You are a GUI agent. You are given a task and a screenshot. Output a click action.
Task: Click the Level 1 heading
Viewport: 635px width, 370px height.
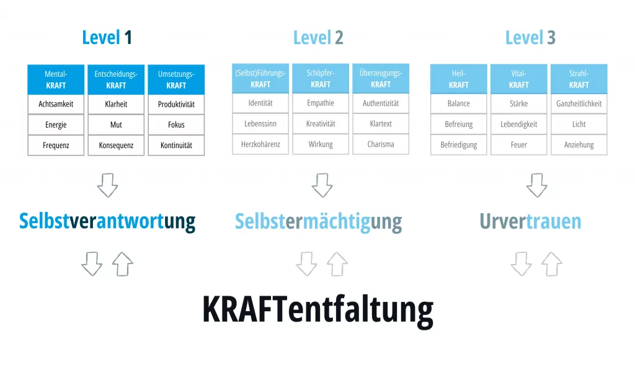coord(107,38)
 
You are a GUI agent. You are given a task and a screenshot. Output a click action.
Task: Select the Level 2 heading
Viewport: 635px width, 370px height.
coord(318,38)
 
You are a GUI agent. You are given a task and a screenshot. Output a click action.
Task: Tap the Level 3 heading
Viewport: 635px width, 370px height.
coord(530,38)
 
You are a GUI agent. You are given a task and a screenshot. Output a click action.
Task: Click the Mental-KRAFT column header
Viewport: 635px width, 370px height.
coord(56,80)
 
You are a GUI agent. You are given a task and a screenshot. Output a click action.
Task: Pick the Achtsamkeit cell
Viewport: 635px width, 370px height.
coord(56,104)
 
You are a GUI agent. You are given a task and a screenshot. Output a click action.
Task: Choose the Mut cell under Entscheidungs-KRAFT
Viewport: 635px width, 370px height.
coord(116,125)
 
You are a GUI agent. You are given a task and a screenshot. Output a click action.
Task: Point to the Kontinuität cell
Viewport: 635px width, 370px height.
coord(176,146)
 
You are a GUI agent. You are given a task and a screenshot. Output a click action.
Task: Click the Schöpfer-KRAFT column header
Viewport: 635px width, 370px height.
coord(321,79)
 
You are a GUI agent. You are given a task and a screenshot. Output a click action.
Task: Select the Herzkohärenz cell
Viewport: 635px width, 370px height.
coord(260,144)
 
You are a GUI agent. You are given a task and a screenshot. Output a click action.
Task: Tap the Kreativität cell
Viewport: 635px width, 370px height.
coord(321,124)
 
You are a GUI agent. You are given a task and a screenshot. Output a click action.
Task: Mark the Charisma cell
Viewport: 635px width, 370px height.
coord(381,144)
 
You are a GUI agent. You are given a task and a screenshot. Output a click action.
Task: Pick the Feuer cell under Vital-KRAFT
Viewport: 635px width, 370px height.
coord(518,145)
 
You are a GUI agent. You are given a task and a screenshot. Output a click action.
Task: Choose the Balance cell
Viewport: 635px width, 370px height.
coord(458,104)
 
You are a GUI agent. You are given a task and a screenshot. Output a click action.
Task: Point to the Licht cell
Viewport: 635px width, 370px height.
coord(579,125)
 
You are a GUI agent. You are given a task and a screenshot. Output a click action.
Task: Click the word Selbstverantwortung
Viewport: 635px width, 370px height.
coord(107,221)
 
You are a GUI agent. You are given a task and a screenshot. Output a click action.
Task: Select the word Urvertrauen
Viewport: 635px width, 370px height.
coord(530,221)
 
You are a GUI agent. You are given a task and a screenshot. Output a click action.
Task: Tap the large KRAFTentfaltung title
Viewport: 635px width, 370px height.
coord(317,309)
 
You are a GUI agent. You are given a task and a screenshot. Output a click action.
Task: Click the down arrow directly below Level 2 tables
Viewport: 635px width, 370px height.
coord(322,185)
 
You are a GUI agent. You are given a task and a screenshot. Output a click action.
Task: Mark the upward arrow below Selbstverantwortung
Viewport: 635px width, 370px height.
coord(123,265)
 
